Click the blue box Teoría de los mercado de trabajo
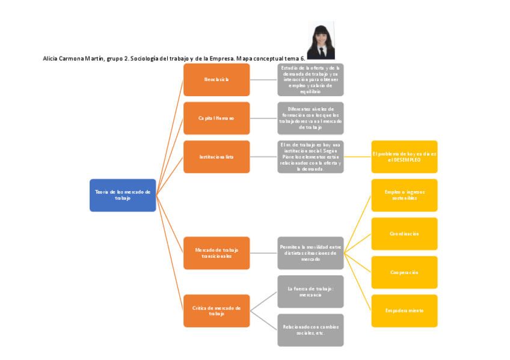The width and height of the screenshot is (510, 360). click(x=123, y=195)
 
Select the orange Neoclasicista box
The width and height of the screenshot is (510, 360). click(x=217, y=79)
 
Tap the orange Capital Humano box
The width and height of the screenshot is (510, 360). click(x=217, y=118)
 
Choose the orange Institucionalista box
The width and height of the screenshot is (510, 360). click(x=217, y=156)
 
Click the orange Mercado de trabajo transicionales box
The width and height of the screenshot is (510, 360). click(x=217, y=252)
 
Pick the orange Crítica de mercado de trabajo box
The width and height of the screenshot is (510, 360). click(x=217, y=310)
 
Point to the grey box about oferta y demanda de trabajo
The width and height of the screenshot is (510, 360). click(x=310, y=79)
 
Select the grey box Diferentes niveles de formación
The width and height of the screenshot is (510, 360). click(x=310, y=118)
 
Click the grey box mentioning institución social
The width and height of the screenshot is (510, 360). click(x=310, y=156)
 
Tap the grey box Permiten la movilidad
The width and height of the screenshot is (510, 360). click(x=310, y=252)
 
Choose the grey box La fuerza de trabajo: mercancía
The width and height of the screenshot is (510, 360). click(x=310, y=291)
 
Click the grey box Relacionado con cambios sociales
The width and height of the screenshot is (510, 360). click(x=310, y=329)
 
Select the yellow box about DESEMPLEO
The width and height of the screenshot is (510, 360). click(x=404, y=156)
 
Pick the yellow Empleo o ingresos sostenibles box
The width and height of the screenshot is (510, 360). click(x=404, y=195)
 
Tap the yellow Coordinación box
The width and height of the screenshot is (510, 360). click(x=404, y=233)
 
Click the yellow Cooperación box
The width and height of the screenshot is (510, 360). click(x=404, y=272)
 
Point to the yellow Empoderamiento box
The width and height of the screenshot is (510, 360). click(x=404, y=310)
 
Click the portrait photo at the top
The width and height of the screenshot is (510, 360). click(x=321, y=41)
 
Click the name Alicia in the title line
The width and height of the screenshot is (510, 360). click(x=51, y=58)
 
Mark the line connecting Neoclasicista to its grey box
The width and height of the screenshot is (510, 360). click(x=263, y=79)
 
